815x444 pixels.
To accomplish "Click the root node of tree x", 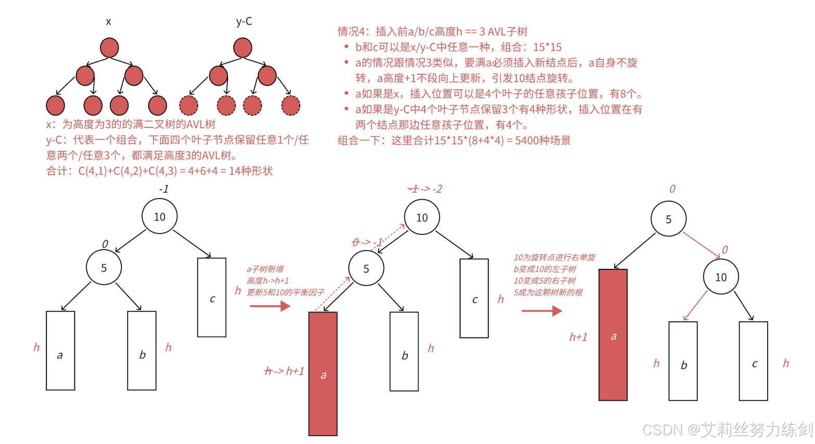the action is point(109,48).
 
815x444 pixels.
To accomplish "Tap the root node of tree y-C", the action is point(243,48).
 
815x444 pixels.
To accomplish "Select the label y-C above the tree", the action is point(244,21).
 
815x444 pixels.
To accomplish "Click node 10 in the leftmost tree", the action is point(159,217).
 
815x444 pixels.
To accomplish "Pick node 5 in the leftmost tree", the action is point(104,268).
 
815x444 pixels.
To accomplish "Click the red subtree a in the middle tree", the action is point(323,373).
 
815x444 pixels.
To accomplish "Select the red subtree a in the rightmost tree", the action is point(613,335).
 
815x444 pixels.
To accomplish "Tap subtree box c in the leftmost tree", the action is point(212,297).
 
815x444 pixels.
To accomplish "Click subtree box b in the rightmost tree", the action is point(683,361).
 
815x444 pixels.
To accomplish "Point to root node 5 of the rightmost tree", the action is point(668,219).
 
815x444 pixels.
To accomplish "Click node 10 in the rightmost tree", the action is point(721,277).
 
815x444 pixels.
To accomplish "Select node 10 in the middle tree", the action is point(422,217).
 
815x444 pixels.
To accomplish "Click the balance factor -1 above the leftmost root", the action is point(164,189).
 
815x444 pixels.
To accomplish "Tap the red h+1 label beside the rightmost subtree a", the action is point(578,337).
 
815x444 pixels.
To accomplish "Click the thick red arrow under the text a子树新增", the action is point(270,306).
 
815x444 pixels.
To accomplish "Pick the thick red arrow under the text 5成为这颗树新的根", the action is point(542,311).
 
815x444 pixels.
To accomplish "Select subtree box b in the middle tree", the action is point(404,351).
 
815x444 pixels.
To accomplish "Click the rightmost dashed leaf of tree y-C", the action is point(290,106).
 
